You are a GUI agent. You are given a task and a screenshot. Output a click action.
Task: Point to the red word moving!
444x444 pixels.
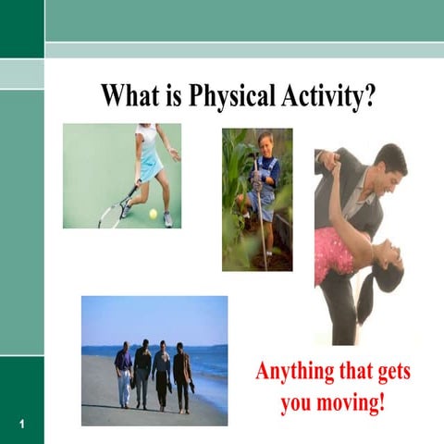[x=357, y=404]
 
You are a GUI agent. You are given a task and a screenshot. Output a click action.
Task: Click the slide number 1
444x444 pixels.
[x=20, y=424]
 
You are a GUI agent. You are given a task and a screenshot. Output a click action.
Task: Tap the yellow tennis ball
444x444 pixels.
[x=153, y=213]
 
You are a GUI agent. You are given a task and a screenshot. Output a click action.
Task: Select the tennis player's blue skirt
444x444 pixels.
[x=150, y=169]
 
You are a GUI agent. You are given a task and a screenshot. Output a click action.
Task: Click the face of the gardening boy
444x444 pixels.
[x=265, y=145]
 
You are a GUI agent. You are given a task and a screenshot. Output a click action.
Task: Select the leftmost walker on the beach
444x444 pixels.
[x=124, y=373]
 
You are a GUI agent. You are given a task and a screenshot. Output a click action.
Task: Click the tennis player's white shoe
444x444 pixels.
[x=167, y=219]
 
